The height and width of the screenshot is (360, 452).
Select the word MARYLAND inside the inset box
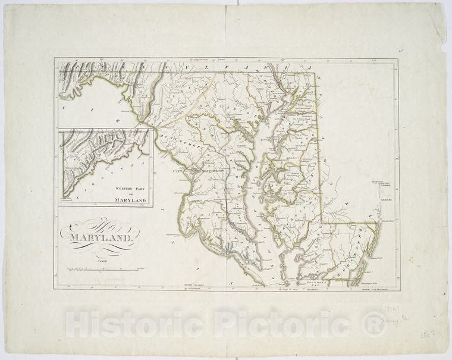point(130,201)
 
